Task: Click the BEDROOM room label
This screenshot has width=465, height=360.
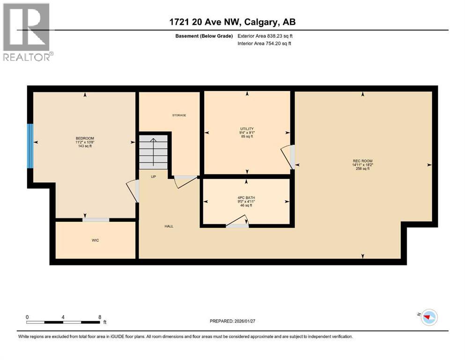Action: [x=85, y=138]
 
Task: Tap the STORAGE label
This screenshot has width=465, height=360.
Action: [x=179, y=115]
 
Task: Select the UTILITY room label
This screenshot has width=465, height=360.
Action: [x=247, y=129]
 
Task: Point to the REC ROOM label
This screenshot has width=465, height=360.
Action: [x=363, y=161]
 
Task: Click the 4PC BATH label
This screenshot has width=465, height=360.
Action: [x=245, y=197]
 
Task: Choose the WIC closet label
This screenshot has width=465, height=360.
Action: [x=95, y=240]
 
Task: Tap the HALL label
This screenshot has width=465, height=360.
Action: [x=169, y=226]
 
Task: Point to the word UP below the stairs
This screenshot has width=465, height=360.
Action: [x=153, y=177]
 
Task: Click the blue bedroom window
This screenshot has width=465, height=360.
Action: [x=30, y=146]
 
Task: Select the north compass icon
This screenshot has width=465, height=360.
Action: [x=428, y=317]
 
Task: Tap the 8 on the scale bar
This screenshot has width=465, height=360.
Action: [x=99, y=317]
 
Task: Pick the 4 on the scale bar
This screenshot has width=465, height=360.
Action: [x=63, y=317]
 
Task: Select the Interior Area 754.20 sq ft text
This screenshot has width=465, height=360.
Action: [x=265, y=44]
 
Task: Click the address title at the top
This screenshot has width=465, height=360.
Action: [x=232, y=22]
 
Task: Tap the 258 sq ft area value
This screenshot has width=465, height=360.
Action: [x=363, y=169]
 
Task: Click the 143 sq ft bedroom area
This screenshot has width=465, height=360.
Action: [x=85, y=146]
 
